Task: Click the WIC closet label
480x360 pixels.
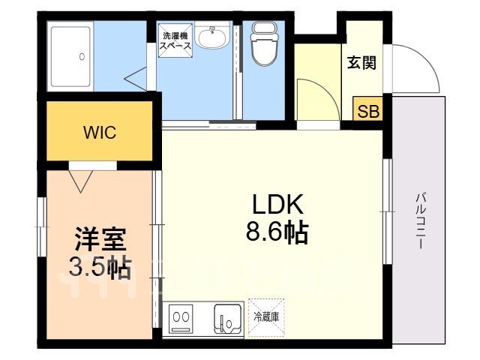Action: (100, 133)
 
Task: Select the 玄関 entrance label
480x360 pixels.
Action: (361, 63)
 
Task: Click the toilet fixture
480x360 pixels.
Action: (265, 43)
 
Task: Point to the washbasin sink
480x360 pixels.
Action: (212, 36)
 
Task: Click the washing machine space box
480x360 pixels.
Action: (175, 40)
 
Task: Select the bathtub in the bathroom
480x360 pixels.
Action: (71, 57)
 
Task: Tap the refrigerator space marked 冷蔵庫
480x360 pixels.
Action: (266, 317)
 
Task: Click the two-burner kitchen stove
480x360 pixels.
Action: (181, 318)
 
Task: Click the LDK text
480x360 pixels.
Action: (277, 204)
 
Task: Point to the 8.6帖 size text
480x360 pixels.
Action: (277, 232)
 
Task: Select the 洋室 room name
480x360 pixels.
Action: (100, 239)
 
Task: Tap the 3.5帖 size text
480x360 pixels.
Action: (100, 266)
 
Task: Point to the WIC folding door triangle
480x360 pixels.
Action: (81, 181)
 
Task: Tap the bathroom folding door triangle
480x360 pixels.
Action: (136, 79)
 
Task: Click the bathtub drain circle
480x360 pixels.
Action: (82, 57)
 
